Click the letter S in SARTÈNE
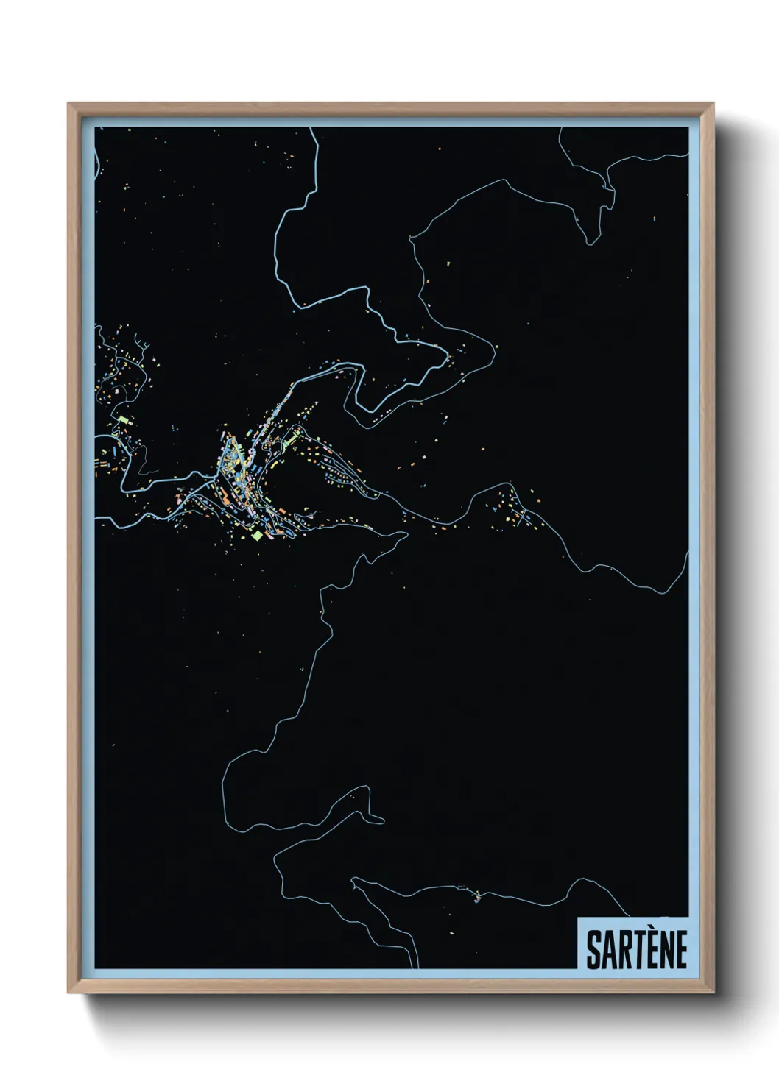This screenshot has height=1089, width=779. [593, 950]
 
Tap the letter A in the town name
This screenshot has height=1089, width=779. [607, 950]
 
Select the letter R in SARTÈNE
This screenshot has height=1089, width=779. [623, 950]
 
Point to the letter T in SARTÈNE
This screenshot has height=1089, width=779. [637, 950]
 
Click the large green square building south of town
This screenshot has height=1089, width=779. [256, 535]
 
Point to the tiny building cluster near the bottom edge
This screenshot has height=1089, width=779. [477, 896]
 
